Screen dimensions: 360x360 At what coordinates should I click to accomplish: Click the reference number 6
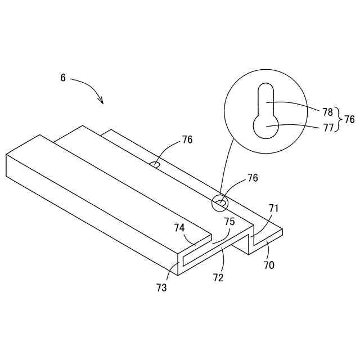(x=63, y=78)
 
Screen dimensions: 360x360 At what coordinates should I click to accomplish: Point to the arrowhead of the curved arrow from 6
(x=102, y=102)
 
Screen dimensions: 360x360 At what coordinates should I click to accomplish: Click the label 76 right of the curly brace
(x=349, y=119)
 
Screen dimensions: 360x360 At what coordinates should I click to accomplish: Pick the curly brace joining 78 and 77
(x=339, y=119)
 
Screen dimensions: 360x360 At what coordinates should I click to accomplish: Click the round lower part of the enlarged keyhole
(x=265, y=126)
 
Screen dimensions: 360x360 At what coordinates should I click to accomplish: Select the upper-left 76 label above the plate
(x=187, y=140)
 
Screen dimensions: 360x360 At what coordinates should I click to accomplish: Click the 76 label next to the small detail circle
(x=253, y=178)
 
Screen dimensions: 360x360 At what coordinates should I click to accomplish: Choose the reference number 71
(x=273, y=209)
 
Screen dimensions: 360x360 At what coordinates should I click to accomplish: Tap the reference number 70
(x=269, y=264)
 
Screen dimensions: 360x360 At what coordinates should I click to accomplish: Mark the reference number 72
(x=218, y=277)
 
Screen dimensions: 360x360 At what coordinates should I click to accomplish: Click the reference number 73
(x=161, y=288)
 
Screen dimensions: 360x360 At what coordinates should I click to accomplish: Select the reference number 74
(x=179, y=228)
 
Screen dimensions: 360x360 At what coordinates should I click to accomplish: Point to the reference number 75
(x=229, y=222)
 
